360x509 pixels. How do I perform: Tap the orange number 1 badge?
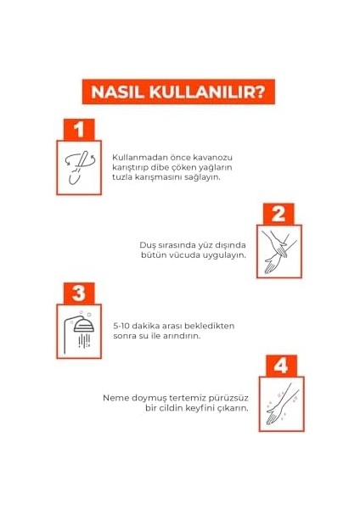click(79, 131)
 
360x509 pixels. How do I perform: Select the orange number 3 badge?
click(79, 294)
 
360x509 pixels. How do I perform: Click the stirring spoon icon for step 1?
click(79, 168)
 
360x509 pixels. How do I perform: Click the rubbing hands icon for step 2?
click(277, 252)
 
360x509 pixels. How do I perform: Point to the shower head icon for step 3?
click(79, 333)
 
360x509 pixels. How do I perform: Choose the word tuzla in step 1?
click(123, 178)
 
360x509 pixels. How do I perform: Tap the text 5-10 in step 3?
click(122, 325)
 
